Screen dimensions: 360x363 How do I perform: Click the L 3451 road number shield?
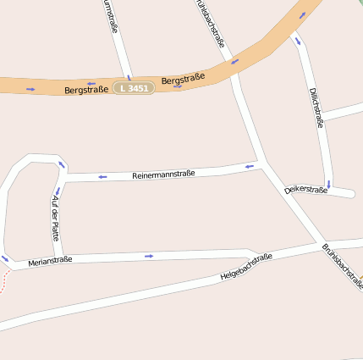pos(135,87)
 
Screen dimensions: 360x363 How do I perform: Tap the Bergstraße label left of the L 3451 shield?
pos(86,89)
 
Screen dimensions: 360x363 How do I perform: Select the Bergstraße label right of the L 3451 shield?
pos(184,80)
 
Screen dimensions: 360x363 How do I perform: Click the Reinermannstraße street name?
pos(163,174)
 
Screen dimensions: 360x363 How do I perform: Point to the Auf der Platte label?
pos(56,218)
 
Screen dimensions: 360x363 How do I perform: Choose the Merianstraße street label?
pos(50,261)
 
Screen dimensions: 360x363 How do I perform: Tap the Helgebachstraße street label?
pos(245,267)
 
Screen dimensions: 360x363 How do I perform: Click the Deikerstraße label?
pos(305,190)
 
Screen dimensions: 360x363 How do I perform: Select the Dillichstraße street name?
pos(316,108)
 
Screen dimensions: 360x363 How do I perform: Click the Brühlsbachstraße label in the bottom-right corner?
pos(342,266)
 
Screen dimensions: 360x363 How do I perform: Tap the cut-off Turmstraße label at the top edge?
pos(110,15)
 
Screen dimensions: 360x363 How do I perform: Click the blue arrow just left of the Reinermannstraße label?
pos(102,176)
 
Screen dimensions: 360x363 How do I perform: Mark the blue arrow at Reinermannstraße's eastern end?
pos(249,167)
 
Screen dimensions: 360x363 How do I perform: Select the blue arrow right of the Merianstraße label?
pos(149,256)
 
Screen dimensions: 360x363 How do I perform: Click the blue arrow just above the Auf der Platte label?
pos(57,191)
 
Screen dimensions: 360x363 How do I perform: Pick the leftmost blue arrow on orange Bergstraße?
pos(31,88)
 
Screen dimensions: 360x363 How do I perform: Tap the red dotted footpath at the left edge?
pos(4,281)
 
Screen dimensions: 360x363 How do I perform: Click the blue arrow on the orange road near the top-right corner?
pos(302,15)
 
